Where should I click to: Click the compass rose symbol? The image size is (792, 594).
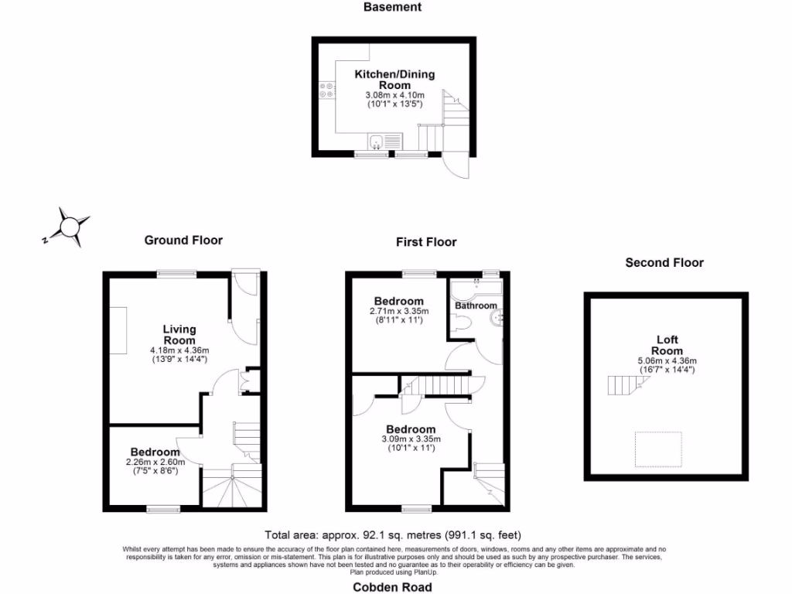click(x=70, y=227)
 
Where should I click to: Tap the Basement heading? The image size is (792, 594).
click(x=393, y=7)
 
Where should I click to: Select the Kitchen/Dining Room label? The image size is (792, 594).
click(x=394, y=80)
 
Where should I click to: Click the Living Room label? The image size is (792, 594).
click(x=179, y=335)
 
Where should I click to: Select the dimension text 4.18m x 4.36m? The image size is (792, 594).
click(x=179, y=350)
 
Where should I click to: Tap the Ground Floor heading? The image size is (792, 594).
click(x=183, y=240)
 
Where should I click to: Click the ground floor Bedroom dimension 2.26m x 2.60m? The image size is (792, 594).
click(x=155, y=463)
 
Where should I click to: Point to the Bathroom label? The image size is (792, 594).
click(x=476, y=306)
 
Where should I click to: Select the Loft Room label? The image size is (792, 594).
click(x=667, y=345)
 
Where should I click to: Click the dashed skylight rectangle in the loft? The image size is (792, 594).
click(x=658, y=449)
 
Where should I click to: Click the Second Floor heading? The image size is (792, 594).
click(x=664, y=263)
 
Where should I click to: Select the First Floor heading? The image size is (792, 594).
click(x=426, y=242)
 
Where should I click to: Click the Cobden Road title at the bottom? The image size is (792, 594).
click(x=393, y=586)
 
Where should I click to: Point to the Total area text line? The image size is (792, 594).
click(x=393, y=534)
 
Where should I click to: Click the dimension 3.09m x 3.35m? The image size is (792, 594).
click(x=411, y=439)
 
